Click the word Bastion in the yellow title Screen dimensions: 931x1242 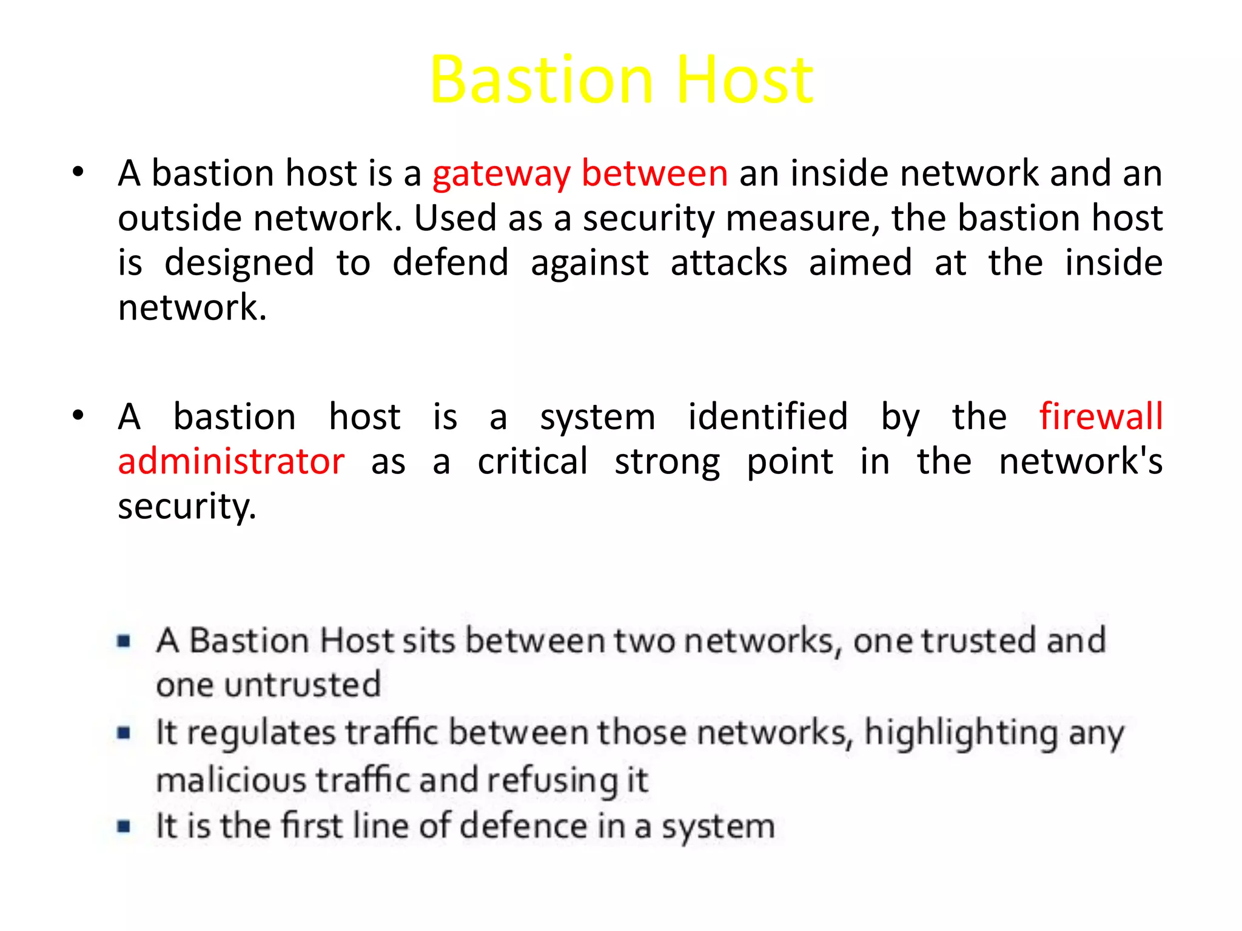541,80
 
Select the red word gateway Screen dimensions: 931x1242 501,175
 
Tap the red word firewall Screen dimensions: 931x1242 1101,417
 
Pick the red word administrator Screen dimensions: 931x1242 231,462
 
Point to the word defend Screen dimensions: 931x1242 450,263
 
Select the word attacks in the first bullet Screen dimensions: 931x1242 728,263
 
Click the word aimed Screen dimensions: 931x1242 860,263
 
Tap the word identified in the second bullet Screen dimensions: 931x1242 768,417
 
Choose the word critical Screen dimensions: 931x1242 532,462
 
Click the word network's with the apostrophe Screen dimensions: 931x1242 1080,462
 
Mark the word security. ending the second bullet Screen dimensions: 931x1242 187,507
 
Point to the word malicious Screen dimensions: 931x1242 231,780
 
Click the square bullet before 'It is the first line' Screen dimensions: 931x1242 124,826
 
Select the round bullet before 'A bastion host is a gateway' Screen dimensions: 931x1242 78,173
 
